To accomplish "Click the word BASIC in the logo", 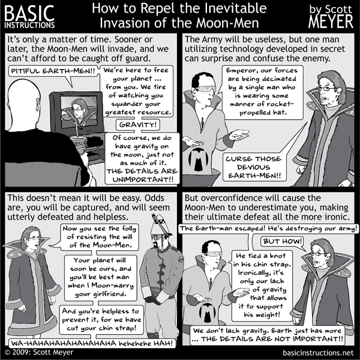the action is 29,13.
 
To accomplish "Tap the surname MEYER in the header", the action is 331,22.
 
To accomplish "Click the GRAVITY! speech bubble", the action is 138,125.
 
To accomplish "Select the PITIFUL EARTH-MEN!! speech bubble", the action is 53,71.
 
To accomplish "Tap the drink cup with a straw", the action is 79,144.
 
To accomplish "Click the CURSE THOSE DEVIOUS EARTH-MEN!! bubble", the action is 254,167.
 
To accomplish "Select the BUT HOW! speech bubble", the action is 282,241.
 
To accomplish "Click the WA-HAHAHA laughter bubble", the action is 92,343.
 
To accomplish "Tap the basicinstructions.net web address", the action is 318,353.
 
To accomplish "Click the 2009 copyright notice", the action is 39,352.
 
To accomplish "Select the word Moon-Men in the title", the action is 227,23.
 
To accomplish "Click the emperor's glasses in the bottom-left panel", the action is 34,238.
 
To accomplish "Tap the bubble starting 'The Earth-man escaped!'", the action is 268,229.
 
